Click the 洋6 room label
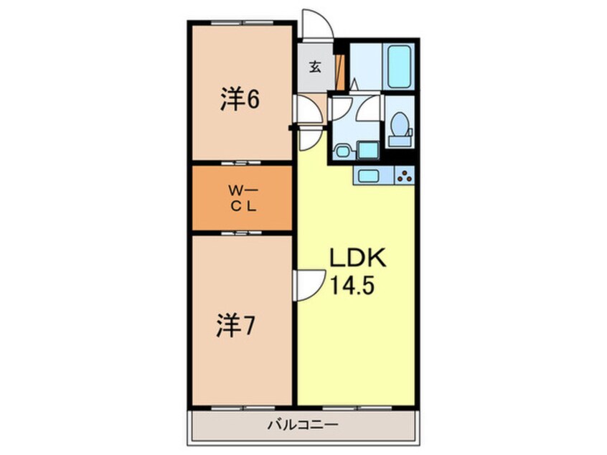tap(240, 99)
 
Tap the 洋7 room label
tap(235, 326)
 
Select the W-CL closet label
tap(243, 198)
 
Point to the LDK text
tap(357, 258)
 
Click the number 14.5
tap(352, 286)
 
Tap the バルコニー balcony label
tap(303, 425)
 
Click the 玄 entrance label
tap(315, 67)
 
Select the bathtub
tap(399, 67)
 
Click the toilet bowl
tap(400, 124)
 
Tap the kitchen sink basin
tap(368, 176)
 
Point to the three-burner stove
tap(405, 175)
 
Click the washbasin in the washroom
tap(342, 150)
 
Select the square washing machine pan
tap(368, 150)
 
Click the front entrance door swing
tap(317, 24)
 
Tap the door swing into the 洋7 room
tap(310, 286)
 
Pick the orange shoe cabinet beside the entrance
tap(340, 72)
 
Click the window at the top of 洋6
tap(242, 23)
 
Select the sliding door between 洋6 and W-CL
tap(242, 163)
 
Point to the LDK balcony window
tap(357, 408)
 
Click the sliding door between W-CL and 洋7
tap(242, 233)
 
